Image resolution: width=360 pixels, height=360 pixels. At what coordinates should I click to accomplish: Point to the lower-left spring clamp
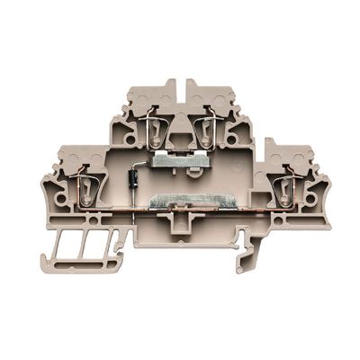click(x=88, y=184)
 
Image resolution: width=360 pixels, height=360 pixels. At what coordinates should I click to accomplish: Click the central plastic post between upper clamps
click(x=181, y=126)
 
